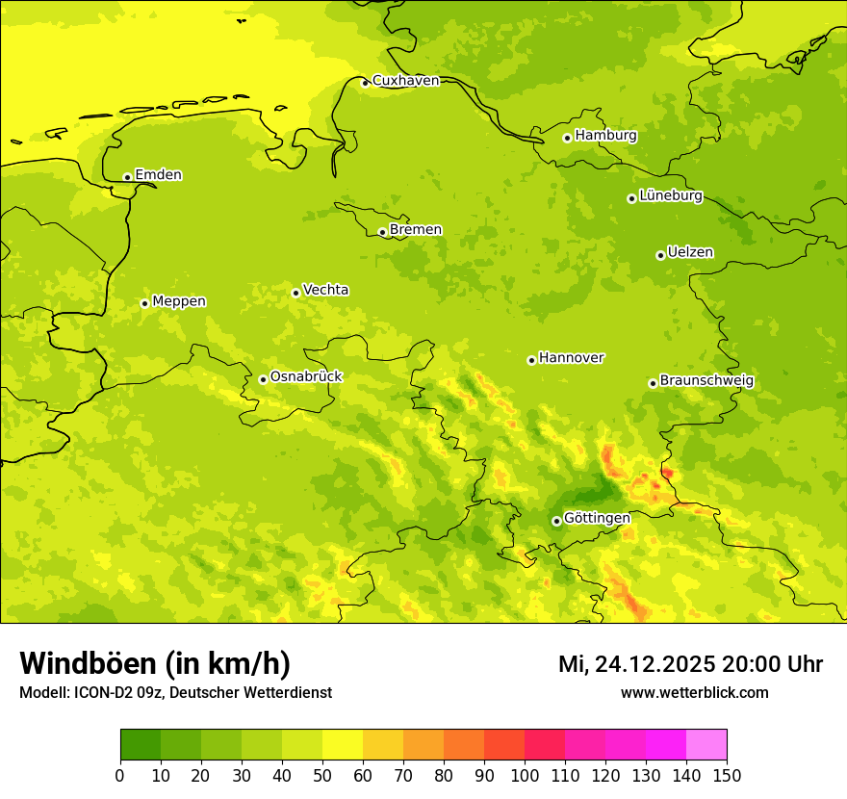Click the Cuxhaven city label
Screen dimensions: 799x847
click(x=405, y=81)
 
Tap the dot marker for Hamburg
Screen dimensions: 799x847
click(x=568, y=138)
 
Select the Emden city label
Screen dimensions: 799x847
click(x=158, y=175)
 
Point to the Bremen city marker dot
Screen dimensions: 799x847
click(x=382, y=232)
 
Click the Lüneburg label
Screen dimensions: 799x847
click(x=670, y=196)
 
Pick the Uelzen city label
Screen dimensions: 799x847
click(x=690, y=253)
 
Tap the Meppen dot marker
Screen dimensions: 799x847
click(x=144, y=303)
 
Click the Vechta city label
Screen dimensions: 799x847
click(x=325, y=290)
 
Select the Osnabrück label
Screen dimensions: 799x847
click(x=306, y=377)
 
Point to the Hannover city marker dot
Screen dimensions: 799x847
click(x=531, y=360)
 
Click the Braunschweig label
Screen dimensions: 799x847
click(x=706, y=381)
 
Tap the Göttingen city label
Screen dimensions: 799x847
click(x=597, y=518)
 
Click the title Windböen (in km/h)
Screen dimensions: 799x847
click(x=155, y=663)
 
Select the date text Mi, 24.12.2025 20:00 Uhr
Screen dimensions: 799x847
click(x=690, y=664)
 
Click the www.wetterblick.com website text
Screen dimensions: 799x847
click(x=694, y=693)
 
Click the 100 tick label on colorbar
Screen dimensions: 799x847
click(x=525, y=775)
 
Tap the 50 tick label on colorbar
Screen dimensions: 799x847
click(x=322, y=775)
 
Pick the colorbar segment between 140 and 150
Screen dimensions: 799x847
click(x=706, y=745)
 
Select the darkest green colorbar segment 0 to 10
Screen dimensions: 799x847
click(x=141, y=745)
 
